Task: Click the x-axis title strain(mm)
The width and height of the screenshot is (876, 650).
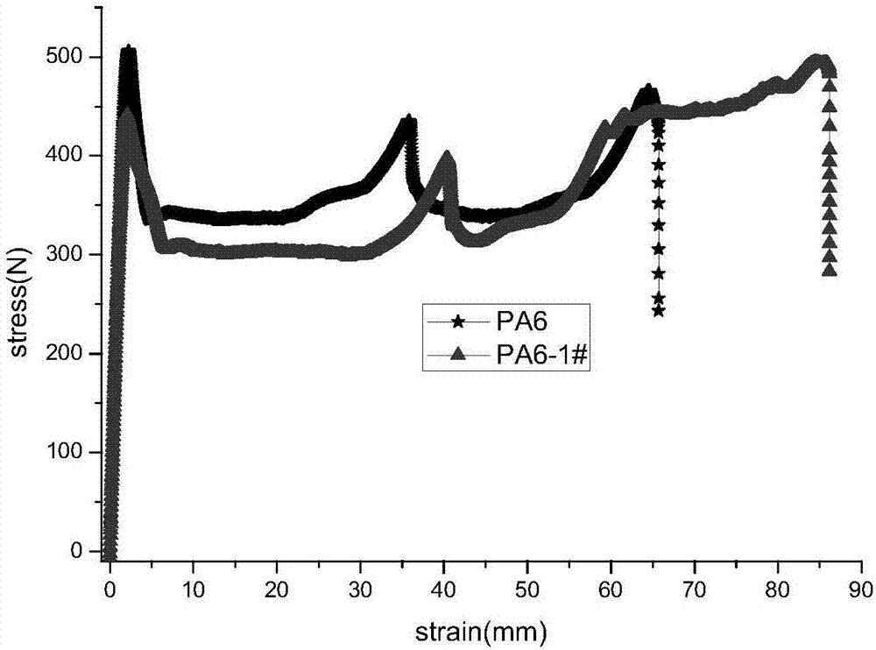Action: tap(484, 628)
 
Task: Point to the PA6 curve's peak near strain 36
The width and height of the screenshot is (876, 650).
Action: tap(407, 122)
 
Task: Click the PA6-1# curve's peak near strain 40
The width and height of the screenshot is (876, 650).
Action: tap(447, 159)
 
